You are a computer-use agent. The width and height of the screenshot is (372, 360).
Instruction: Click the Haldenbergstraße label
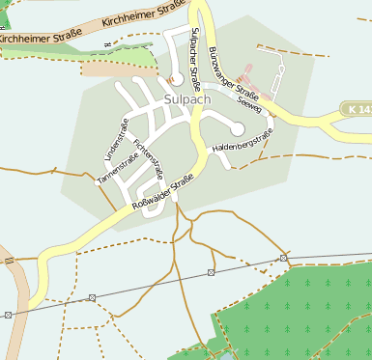point(243,141)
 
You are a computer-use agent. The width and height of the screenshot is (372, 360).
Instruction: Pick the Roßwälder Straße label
point(164,192)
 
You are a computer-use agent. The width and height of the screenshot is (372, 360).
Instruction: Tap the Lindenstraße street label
point(114,139)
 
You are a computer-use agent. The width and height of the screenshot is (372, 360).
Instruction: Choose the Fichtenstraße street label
point(149,153)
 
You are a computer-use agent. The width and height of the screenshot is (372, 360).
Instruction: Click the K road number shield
point(357,109)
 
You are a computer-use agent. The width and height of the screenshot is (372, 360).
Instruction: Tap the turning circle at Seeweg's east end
point(238,129)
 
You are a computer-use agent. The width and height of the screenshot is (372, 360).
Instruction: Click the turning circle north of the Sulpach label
point(176,80)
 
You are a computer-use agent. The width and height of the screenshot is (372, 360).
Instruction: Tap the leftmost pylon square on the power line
point(8,315)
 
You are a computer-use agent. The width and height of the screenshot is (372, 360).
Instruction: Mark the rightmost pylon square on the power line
point(283,259)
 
